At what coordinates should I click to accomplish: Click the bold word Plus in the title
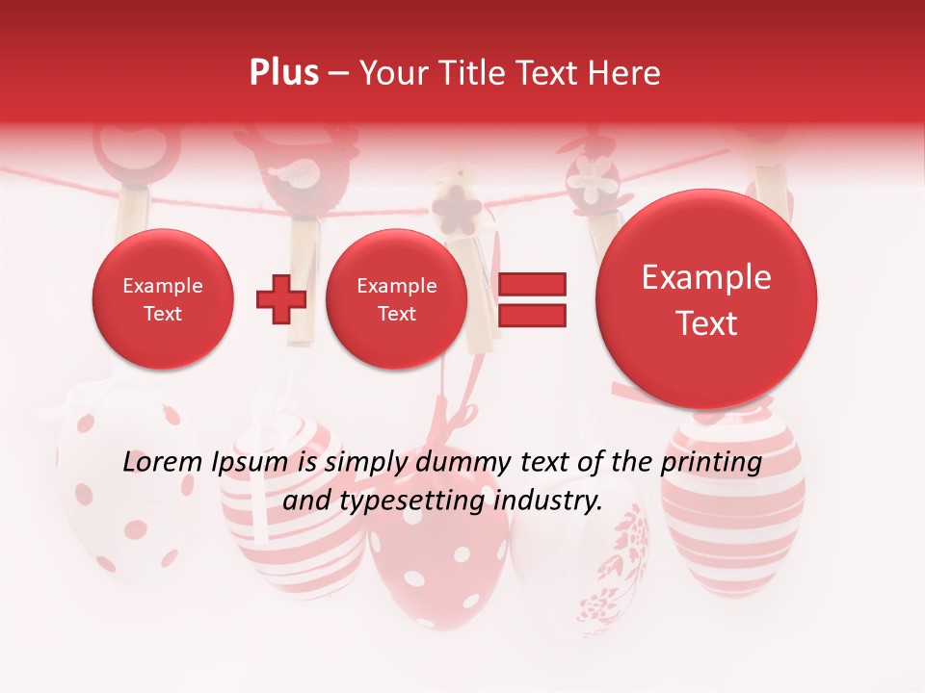(x=283, y=73)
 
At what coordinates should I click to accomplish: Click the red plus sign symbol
(x=280, y=298)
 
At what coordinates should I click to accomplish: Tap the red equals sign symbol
(x=531, y=298)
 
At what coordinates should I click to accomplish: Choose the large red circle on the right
(x=706, y=299)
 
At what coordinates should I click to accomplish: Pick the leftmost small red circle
(x=162, y=299)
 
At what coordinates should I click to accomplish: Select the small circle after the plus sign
(x=396, y=299)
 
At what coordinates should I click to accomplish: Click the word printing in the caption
(x=712, y=463)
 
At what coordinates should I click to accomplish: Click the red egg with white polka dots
(x=438, y=558)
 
